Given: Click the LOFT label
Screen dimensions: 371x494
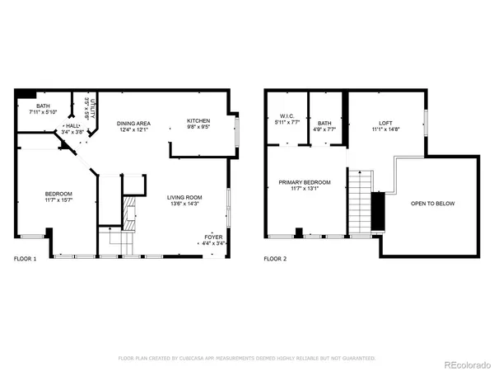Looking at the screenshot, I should [x=384, y=122].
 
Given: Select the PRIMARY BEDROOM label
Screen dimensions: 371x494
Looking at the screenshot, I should [x=304, y=182].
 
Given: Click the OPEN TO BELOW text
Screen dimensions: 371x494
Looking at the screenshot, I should [x=433, y=204].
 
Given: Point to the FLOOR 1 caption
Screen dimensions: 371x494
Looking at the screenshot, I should [x=25, y=259].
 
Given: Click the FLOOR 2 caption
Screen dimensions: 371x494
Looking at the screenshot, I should [x=275, y=259].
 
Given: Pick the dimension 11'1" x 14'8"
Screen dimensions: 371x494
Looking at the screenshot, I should [x=384, y=129].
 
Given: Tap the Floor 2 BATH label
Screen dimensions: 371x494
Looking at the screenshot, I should [x=325, y=122].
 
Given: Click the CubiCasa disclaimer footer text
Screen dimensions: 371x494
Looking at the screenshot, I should [x=247, y=358].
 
